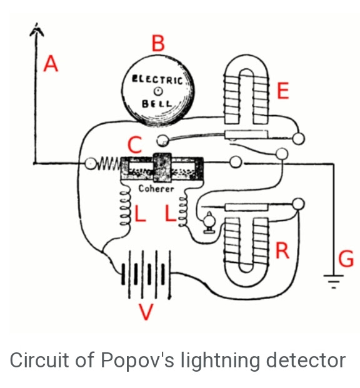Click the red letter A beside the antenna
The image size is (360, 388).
[51, 64]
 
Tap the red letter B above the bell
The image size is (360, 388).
[158, 43]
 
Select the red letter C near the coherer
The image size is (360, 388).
[135, 145]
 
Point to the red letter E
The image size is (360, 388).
[283, 91]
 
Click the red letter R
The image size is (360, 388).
[282, 250]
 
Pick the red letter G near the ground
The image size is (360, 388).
[346, 258]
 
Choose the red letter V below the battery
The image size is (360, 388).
[146, 312]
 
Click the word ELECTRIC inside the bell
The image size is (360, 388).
[157, 79]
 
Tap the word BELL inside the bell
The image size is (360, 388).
[157, 103]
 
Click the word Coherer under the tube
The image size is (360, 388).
[156, 188]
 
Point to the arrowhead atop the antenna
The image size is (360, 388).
[37, 30]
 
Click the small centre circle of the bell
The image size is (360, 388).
[158, 91]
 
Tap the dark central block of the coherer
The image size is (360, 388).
[162, 168]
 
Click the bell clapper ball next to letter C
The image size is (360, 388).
[163, 141]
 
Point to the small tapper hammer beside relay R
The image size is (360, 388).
[209, 222]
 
